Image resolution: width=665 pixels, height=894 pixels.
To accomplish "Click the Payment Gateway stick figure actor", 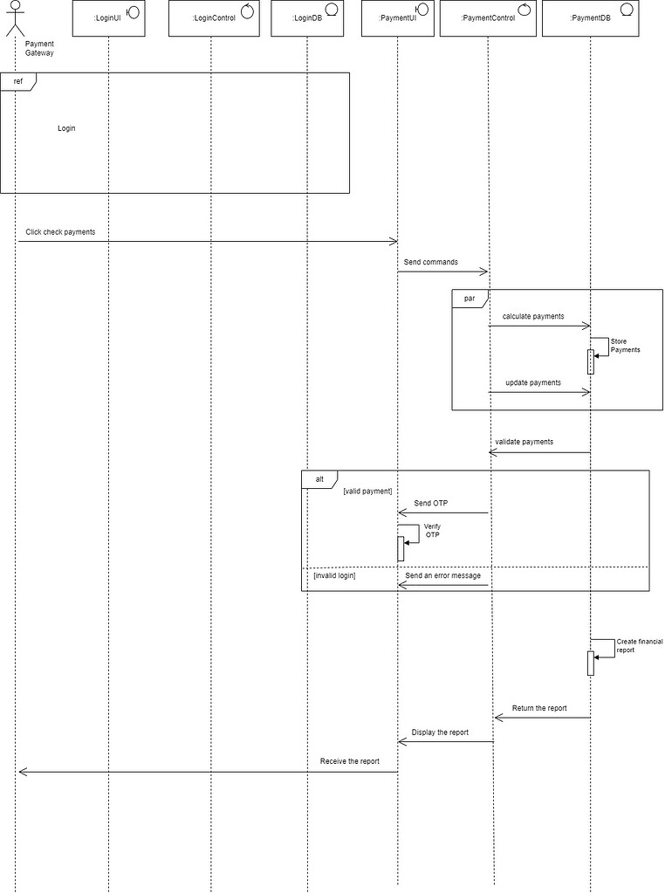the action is coord(16,18).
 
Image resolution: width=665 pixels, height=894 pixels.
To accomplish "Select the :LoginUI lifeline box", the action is coord(109,19).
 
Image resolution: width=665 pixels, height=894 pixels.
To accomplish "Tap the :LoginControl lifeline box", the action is coord(215,19).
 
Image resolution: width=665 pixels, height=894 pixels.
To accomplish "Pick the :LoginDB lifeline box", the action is coord(307,19).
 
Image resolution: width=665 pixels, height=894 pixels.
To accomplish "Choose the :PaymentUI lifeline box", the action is coord(398,19).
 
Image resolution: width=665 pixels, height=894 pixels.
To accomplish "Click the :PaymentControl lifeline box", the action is coord(488,19).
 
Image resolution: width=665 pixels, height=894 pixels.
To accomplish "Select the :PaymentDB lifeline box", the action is coord(590,19).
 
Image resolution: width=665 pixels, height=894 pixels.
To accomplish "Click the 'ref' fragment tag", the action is coord(18,81).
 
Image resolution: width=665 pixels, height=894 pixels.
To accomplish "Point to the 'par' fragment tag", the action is coord(470,299).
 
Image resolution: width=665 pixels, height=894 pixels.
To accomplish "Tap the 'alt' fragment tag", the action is coord(319,479).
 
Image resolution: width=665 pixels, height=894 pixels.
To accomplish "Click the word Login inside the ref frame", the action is coord(66,128).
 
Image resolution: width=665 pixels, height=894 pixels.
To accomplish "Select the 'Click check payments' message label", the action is coord(60,232).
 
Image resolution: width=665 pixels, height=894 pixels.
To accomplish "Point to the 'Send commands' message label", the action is coord(431,262).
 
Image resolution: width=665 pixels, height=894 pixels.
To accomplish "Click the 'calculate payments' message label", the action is coord(533,316).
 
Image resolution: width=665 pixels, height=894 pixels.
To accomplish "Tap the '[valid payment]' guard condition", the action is coord(367,491).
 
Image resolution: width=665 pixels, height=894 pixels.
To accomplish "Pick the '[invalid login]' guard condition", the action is coord(334,576).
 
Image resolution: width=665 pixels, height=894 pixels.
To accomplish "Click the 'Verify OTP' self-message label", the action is coord(433,531).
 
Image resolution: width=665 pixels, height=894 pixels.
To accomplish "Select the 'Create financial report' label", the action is coord(640,646).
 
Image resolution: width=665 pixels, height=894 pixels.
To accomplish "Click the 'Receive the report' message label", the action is coord(350,761).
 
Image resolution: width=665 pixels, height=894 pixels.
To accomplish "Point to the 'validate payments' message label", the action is coord(524,442).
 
